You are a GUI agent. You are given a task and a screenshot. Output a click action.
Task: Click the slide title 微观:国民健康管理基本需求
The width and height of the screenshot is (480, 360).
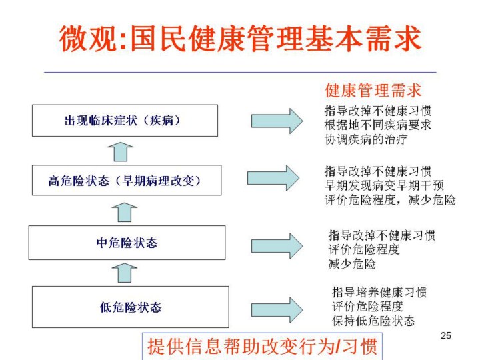point(240,39)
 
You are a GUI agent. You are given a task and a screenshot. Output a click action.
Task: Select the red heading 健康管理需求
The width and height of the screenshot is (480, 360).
point(373,90)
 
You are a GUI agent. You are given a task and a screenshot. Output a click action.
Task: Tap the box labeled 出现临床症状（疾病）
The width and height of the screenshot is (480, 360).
point(125,121)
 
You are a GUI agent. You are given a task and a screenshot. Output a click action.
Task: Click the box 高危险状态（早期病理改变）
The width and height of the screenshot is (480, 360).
point(127,180)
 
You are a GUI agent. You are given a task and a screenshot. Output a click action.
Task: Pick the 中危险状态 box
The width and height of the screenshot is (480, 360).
point(127,243)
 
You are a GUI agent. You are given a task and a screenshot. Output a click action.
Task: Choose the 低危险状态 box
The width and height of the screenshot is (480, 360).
point(131,307)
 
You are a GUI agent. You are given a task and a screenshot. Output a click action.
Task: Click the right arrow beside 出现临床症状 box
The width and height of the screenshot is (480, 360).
point(277,121)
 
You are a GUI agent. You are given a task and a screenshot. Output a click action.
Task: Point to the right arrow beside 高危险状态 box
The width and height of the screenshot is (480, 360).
point(273,178)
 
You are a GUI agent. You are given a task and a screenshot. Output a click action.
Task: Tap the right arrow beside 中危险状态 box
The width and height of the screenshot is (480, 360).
point(277,246)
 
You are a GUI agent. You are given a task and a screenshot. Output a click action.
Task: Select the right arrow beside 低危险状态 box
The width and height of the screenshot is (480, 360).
point(277,310)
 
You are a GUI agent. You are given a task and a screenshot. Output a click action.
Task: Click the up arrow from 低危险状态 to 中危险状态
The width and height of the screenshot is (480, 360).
point(125,273)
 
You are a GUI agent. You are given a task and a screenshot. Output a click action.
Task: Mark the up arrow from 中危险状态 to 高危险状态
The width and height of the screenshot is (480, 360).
point(125,212)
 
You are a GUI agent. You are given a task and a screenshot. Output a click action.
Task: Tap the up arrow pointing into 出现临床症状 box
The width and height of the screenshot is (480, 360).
point(121,152)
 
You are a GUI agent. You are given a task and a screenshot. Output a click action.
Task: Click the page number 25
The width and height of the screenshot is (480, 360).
point(446,335)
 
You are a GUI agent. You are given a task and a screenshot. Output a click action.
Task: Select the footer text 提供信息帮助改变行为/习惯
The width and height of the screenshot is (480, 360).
point(263,346)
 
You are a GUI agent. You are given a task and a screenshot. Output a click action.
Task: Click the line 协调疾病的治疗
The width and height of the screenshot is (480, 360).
point(366,139)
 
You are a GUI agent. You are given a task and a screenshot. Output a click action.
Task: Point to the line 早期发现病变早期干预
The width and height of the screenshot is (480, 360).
point(384,185)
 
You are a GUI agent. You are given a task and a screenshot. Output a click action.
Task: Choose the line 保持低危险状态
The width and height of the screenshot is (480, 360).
point(373,321)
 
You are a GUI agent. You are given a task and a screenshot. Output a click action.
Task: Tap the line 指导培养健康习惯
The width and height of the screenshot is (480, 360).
point(379,292)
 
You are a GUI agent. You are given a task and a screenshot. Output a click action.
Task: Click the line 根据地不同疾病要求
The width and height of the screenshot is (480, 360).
point(378,125)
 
